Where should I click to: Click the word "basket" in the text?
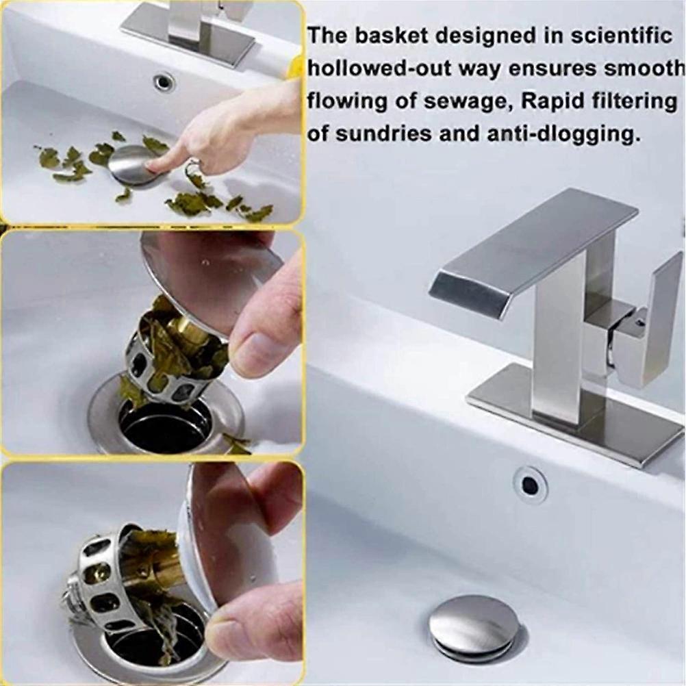(x=374, y=36)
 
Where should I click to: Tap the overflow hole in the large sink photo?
(x=530, y=485)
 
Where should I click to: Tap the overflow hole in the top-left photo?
(x=164, y=83)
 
